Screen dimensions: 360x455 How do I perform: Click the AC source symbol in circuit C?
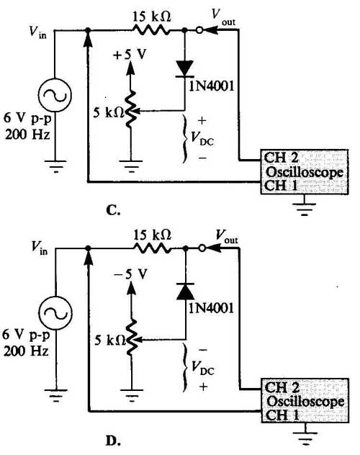point(55,95)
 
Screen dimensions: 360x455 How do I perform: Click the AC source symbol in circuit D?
point(55,312)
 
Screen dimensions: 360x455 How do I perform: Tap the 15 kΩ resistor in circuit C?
point(151,30)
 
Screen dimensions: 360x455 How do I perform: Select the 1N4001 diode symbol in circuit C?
point(185,69)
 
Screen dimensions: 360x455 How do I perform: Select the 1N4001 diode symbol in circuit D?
point(185,291)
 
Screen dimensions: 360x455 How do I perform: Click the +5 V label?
point(130,55)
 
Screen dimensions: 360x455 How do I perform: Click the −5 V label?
point(130,274)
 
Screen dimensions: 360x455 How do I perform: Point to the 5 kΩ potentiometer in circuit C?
point(130,109)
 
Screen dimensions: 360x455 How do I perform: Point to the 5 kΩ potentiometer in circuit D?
point(132,338)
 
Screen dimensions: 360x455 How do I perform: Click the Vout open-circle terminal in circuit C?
point(199,30)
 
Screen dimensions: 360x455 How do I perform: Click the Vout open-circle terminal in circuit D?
point(202,248)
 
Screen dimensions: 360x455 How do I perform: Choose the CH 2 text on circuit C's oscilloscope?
point(281,158)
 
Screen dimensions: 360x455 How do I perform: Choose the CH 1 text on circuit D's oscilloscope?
point(282,415)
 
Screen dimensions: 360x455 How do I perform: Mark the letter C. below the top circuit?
point(113,210)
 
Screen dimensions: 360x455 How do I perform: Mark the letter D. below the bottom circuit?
point(113,441)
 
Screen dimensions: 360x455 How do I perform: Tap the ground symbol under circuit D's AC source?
point(55,396)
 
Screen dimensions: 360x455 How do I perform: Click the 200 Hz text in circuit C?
point(27,135)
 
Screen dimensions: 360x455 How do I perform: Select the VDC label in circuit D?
point(203,369)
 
